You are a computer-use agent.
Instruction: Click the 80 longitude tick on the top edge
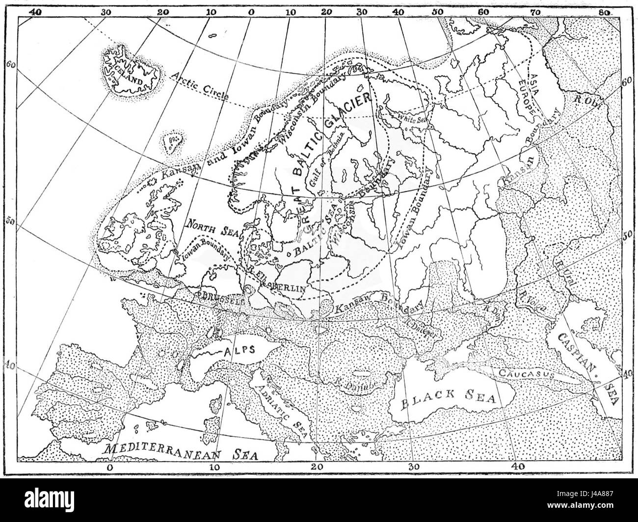(604, 11)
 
